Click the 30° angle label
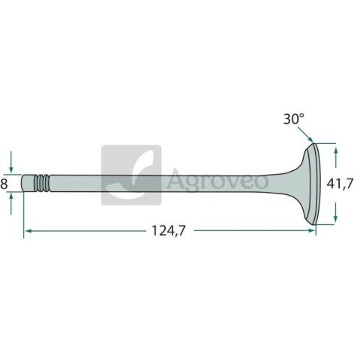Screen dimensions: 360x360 tap(294, 118)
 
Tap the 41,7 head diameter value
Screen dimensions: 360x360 tap(340, 184)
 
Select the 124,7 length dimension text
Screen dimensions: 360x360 tap(169, 230)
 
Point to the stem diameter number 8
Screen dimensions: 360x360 tap(4, 184)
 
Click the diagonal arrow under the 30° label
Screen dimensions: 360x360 tap(305, 134)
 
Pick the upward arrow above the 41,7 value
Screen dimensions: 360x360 tap(336, 157)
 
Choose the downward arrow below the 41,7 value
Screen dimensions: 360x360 tap(336, 212)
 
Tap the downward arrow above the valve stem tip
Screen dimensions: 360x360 tap(10, 161)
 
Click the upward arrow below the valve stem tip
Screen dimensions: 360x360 tap(10, 204)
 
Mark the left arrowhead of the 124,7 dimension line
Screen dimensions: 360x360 tap(28, 231)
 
